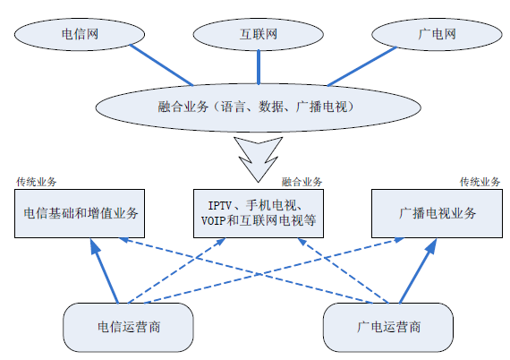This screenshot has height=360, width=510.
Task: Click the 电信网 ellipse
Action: pyautogui.click(x=80, y=34)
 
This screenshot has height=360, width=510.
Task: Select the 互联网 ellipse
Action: pyautogui.click(x=259, y=34)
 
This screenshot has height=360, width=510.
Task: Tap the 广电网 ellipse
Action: pyautogui.click(x=437, y=34)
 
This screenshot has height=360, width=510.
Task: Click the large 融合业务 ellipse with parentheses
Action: pyautogui.click(x=259, y=107)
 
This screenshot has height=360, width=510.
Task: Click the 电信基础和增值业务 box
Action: pyautogui.click(x=80, y=213)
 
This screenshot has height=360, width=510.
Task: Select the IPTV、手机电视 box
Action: pyautogui.click(x=259, y=213)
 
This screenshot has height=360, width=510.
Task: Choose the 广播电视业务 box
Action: pyautogui.click(x=437, y=213)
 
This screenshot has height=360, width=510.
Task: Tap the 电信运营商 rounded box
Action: pyautogui.click(x=128, y=327)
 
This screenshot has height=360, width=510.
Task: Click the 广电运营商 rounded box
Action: pyautogui.click(x=388, y=327)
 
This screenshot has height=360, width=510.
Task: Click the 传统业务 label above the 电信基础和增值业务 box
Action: pyautogui.click(x=37, y=182)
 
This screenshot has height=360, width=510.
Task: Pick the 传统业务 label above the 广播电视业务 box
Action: pyautogui.click(x=480, y=182)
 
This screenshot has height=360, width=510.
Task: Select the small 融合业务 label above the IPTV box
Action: pyautogui.click(x=302, y=182)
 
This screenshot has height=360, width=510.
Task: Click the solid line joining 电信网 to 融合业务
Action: pyautogui.click(x=162, y=65)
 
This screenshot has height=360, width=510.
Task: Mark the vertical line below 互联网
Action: pyautogui.click(x=259, y=67)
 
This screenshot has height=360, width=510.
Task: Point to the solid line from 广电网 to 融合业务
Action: pyautogui.click(x=362, y=66)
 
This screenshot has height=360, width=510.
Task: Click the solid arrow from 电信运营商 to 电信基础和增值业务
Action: pyautogui.click(x=104, y=270)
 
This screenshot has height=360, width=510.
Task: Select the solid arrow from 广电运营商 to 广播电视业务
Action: pyautogui.click(x=418, y=270)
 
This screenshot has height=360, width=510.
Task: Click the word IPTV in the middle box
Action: pyautogui.click(x=220, y=206)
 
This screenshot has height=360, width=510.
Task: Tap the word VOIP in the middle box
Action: pyautogui.click(x=213, y=221)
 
